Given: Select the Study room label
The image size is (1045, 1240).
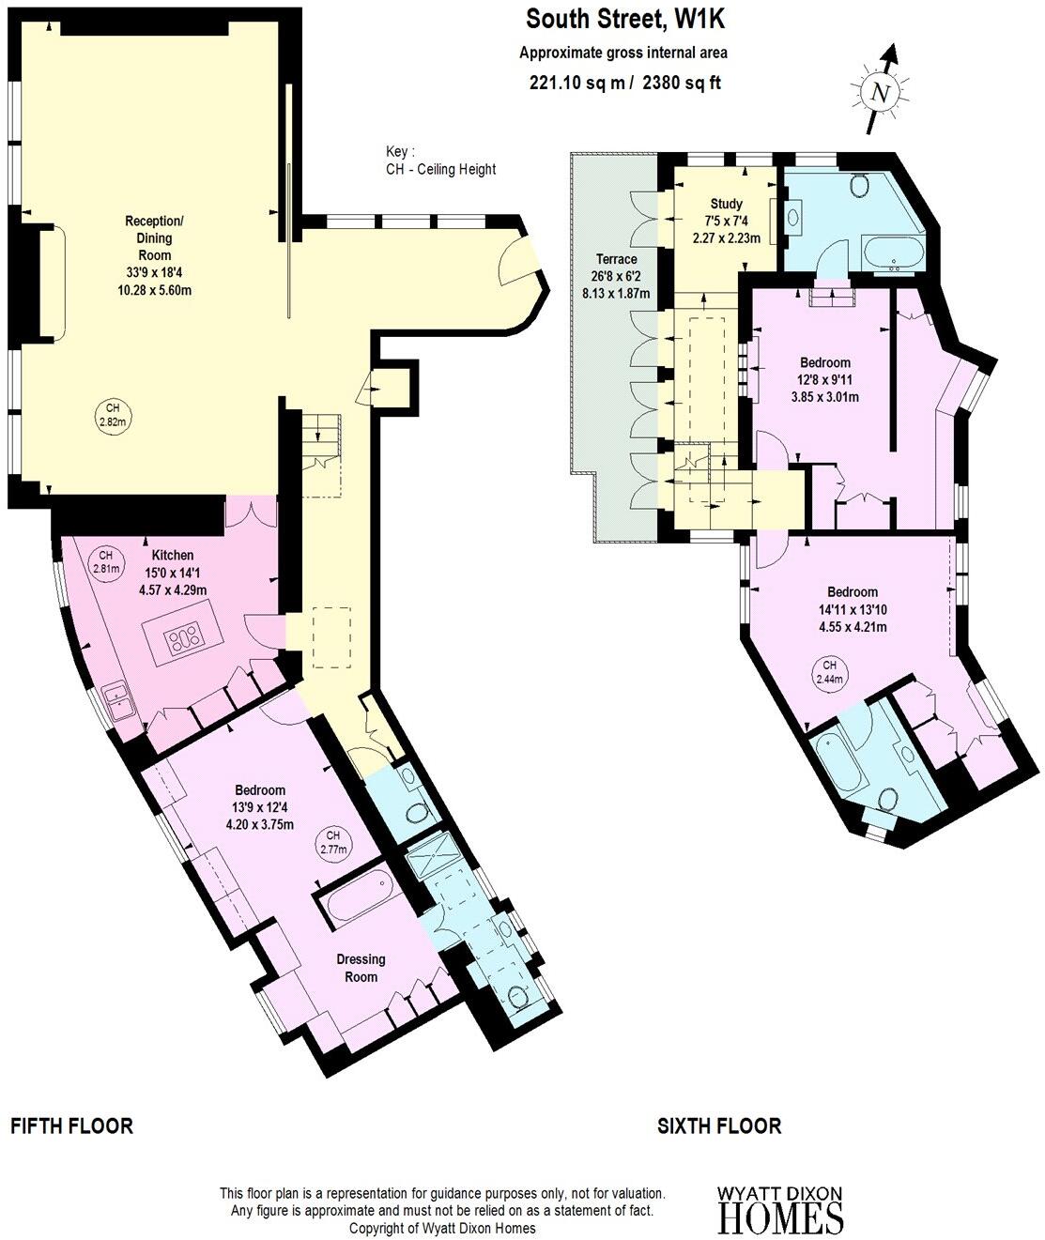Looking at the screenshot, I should (726, 204).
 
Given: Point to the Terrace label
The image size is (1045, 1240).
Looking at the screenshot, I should (616, 259).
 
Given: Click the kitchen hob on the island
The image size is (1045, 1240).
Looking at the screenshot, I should (184, 640).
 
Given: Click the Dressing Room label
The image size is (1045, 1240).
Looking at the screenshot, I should (361, 968).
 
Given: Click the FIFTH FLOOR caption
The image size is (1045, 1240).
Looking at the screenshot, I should (71, 1125).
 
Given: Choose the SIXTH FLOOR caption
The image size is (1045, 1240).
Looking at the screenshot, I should (719, 1125).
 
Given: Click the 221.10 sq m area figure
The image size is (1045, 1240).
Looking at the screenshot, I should (578, 83).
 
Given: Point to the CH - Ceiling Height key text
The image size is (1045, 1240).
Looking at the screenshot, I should (440, 169).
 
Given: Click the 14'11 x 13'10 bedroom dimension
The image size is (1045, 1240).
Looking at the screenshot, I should (852, 609).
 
